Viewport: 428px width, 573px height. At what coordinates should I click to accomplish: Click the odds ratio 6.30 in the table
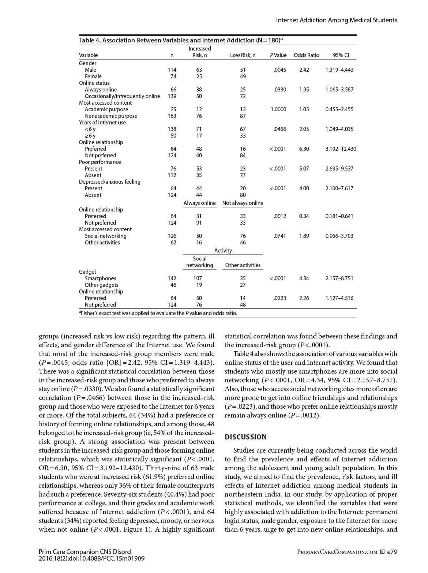[304, 149]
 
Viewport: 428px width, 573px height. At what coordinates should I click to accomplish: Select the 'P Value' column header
[278, 55]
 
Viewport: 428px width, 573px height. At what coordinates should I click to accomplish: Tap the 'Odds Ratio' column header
[307, 55]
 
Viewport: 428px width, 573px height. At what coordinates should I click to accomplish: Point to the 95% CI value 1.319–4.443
[339, 70]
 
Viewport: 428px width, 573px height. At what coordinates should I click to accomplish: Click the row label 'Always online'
[101, 90]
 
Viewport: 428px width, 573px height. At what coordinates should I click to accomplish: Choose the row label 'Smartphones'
[100, 278]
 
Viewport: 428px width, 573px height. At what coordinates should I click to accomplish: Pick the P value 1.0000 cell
[278, 109]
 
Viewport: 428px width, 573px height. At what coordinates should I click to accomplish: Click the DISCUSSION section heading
[246, 437]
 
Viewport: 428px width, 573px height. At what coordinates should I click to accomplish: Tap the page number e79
[392, 552]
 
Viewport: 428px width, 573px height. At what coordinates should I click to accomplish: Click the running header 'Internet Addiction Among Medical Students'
[337, 20]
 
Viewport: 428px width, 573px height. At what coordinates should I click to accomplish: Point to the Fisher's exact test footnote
[158, 313]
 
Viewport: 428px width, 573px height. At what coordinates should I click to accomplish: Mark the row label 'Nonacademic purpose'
[111, 116]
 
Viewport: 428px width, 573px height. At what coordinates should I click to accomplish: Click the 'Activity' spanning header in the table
[223, 251]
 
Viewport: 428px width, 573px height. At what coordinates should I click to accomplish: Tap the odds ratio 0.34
[304, 216]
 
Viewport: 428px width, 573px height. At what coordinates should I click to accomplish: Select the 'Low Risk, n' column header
[243, 55]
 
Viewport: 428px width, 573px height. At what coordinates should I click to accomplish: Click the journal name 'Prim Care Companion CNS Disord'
[85, 552]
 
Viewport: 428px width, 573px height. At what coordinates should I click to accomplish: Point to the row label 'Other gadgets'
[102, 285]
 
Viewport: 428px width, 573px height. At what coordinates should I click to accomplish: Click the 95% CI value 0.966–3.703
[339, 236]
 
